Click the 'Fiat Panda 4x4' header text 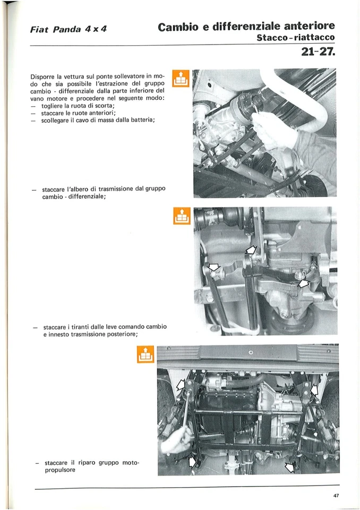click(x=69, y=29)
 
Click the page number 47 click(x=336, y=496)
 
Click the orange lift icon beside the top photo click(x=182, y=79)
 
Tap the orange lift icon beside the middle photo click(x=182, y=216)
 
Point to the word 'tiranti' click(x=81, y=326)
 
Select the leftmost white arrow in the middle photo click(x=213, y=267)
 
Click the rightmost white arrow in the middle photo click(x=303, y=284)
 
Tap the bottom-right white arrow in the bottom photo click(x=290, y=467)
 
